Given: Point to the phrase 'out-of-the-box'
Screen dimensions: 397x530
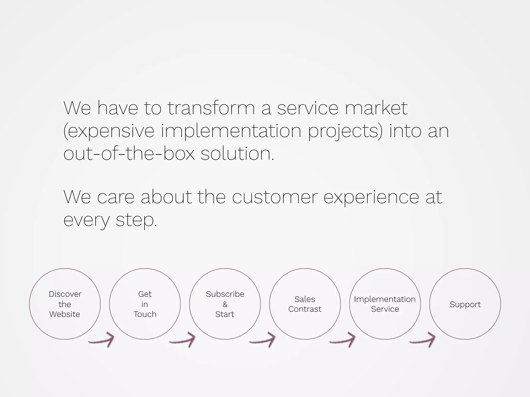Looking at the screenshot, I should point(129,154).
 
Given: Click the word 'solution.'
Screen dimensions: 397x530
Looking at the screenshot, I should point(237,154).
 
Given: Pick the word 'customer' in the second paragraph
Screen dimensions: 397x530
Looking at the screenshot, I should point(275,197).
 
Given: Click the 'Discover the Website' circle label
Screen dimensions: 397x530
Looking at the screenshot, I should point(65,304).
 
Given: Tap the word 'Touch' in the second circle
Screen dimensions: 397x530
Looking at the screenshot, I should point(145,314).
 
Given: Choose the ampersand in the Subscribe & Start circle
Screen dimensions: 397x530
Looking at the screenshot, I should point(225,304).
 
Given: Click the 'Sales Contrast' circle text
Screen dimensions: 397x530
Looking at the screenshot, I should point(305,304).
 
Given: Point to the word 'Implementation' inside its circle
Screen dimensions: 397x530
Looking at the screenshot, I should point(385,299).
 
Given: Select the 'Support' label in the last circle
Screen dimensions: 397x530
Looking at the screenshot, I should point(465,304).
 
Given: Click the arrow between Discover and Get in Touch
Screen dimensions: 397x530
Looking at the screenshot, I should point(102,340).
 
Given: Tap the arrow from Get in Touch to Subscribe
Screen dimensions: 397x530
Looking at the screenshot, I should point(183,340).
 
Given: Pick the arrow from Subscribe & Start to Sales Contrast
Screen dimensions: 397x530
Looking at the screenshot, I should point(263,340).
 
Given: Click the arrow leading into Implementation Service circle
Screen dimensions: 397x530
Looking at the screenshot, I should point(343,340).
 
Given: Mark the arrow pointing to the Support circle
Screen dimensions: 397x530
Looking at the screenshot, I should point(423,340).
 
